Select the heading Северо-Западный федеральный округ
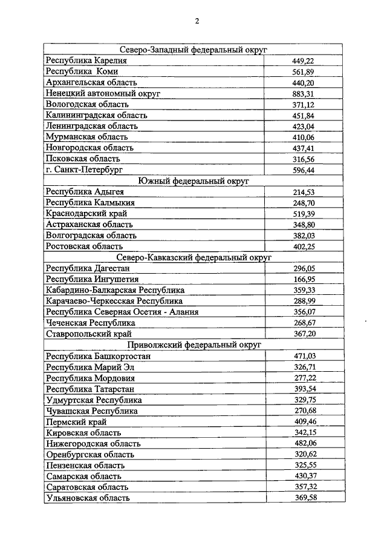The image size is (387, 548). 193,50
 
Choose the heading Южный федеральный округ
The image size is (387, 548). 193,181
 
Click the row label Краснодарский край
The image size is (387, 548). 86,214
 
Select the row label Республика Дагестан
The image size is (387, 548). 88,268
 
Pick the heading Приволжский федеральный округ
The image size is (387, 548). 193,345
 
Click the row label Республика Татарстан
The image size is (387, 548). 89,389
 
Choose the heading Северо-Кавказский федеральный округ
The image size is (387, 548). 193,257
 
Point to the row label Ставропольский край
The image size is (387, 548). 88,334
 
